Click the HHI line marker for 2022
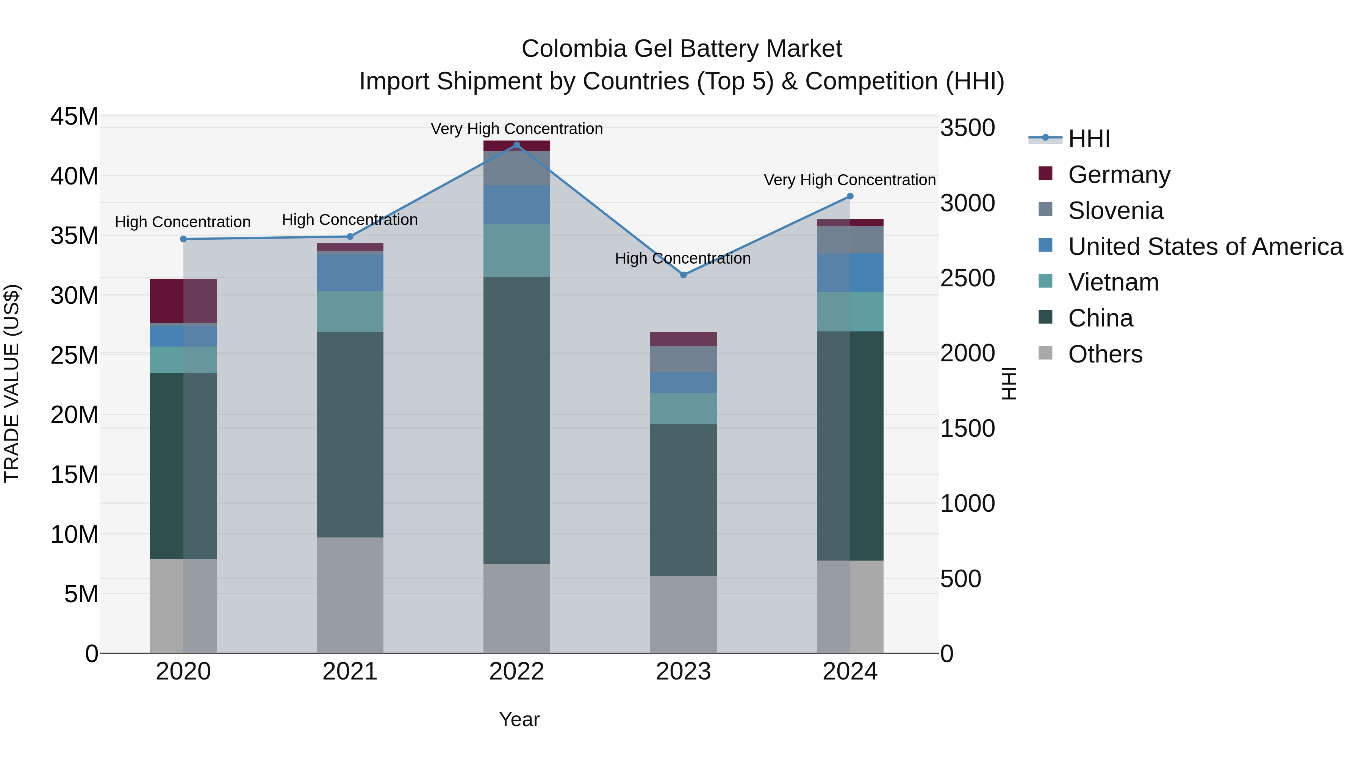pos(517,145)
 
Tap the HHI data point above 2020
pos(183,239)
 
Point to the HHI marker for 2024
pos(850,196)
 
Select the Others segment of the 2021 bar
pos(350,595)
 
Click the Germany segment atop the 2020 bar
pos(183,301)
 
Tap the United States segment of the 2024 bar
pos(850,273)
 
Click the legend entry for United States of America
pos(1204,247)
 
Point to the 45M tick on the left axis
pos(74,116)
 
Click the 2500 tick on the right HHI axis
pos(967,278)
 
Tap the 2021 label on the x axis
pos(350,672)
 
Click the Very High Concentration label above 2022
pos(517,129)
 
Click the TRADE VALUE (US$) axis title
pos(12,383)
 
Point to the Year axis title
pos(519,719)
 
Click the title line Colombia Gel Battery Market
pos(682,49)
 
